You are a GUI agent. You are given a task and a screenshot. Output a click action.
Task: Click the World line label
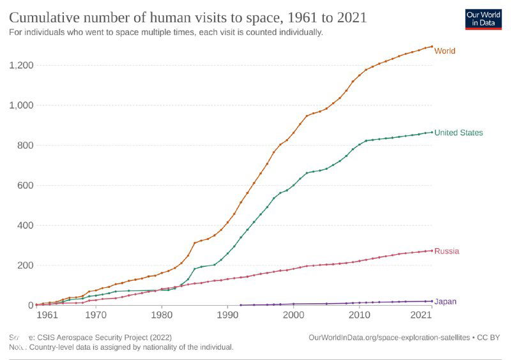(445, 50)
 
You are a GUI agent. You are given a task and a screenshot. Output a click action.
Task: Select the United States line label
(459, 133)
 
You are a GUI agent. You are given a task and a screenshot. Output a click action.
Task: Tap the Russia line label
(446, 251)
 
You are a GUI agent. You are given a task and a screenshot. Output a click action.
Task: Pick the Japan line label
(445, 301)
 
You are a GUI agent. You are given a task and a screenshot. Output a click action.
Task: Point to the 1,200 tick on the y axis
(22, 65)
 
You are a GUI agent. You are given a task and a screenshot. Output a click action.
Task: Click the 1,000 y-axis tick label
(22, 105)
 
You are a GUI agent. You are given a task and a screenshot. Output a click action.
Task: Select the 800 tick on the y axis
(26, 146)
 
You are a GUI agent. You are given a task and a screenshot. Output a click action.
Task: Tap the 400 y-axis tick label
(26, 225)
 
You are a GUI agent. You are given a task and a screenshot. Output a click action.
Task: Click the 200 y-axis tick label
(26, 266)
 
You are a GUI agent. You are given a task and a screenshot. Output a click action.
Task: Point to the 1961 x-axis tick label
(47, 315)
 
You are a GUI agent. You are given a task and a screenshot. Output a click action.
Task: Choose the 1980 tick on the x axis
(162, 315)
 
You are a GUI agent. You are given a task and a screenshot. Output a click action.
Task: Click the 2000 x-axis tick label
(293, 315)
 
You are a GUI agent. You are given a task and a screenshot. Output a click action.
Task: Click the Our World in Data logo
(483, 19)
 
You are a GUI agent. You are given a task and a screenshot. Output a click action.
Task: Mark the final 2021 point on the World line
(432, 46)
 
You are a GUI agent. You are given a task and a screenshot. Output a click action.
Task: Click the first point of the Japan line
(240, 305)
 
